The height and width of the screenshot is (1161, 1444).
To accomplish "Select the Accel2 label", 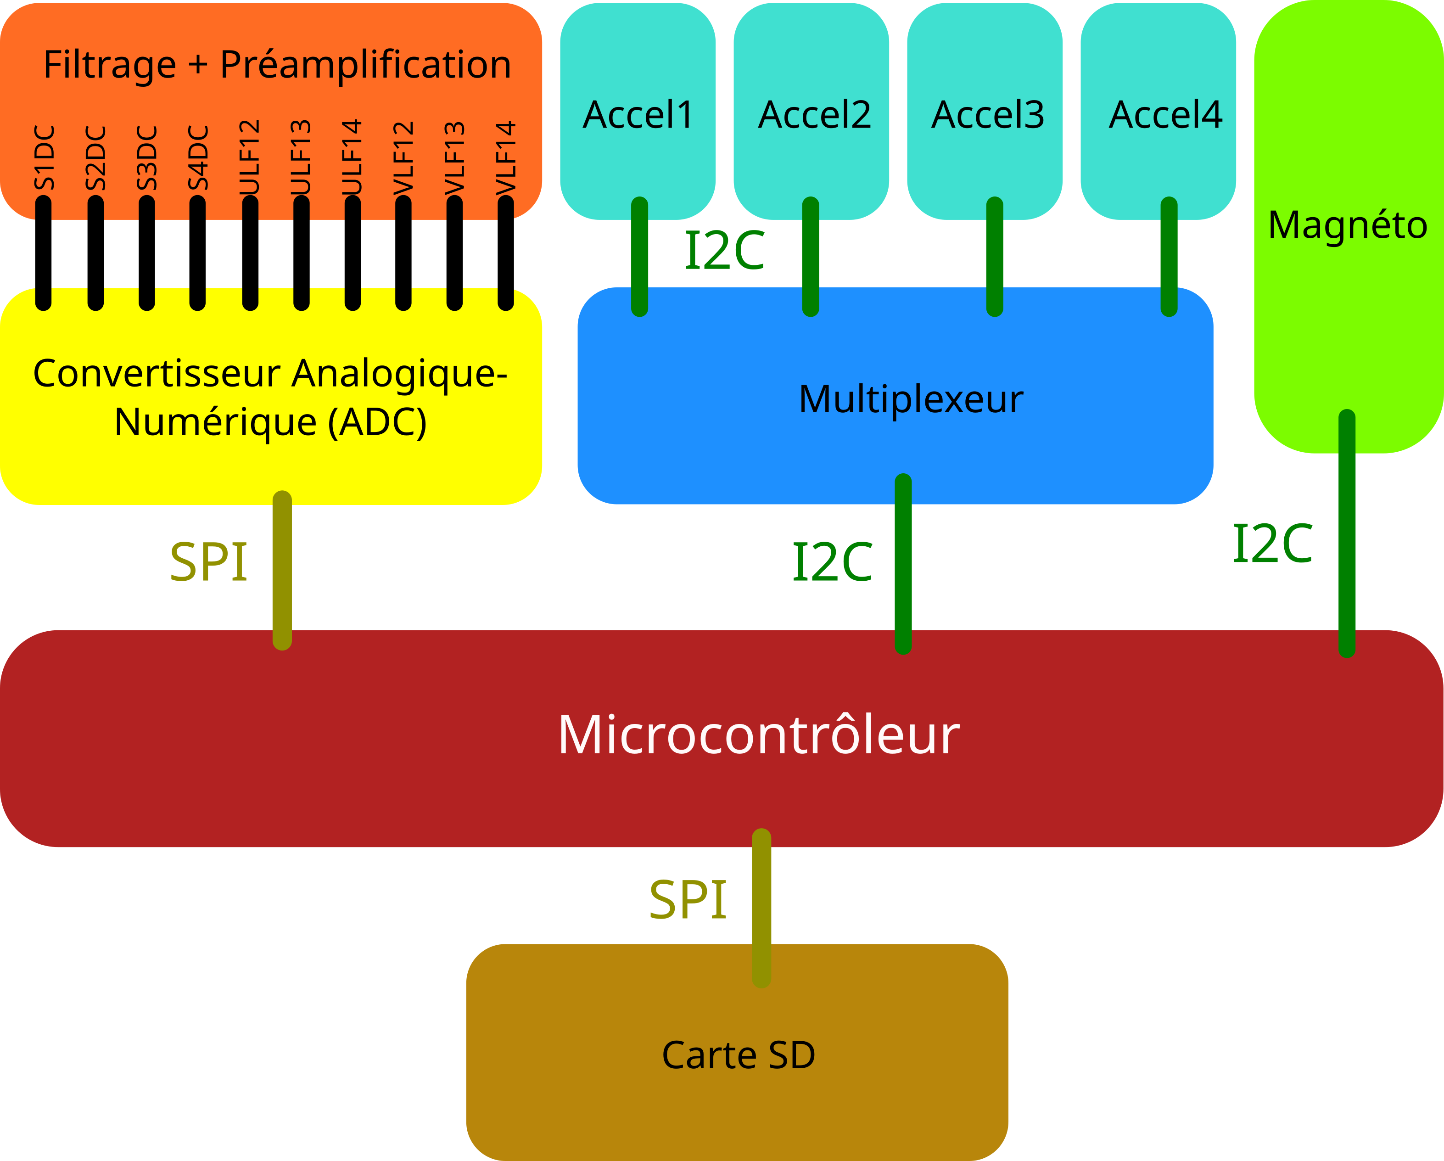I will tap(814, 115).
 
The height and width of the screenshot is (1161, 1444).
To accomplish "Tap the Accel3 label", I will tap(988, 115).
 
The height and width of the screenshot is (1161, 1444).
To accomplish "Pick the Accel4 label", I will tap(1165, 115).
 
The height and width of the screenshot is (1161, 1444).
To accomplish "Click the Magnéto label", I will tap(1348, 225).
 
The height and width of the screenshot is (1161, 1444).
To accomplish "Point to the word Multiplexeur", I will tap(911, 400).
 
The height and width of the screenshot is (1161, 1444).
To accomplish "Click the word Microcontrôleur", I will tap(759, 735).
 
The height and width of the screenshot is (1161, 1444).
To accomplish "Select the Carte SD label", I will tap(738, 1055).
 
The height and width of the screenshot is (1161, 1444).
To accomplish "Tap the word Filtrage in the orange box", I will tap(110, 65).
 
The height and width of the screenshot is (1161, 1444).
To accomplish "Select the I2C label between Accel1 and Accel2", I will tap(725, 251).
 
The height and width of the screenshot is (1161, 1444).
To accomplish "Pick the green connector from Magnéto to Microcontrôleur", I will tap(1347, 536).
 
